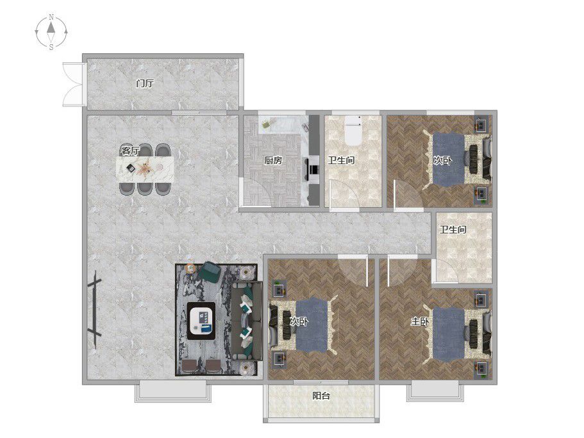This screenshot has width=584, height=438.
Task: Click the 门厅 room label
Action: click(x=144, y=83)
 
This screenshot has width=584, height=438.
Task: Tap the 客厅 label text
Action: click(x=131, y=151)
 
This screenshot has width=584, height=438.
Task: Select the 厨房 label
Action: click(x=273, y=160)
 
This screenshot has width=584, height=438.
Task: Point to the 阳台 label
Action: click(x=321, y=396)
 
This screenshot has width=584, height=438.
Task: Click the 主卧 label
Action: click(x=420, y=321)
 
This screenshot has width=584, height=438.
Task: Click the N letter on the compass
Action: click(x=51, y=17)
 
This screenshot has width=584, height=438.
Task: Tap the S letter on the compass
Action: click(x=51, y=47)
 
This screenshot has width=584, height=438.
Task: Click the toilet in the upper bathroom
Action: click(x=353, y=130)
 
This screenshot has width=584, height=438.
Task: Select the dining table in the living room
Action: click(x=146, y=169)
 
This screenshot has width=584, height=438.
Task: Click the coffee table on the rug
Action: click(x=201, y=321)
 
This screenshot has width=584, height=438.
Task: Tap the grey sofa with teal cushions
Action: click(x=247, y=321)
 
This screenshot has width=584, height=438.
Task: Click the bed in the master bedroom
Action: click(x=461, y=332)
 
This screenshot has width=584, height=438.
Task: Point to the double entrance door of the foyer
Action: click(x=72, y=85)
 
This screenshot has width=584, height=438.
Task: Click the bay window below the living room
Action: click(x=173, y=391)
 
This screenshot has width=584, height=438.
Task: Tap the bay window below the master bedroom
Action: click(x=435, y=391)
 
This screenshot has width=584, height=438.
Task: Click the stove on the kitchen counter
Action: click(x=313, y=169)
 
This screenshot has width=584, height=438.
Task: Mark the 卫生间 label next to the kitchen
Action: click(x=341, y=160)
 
